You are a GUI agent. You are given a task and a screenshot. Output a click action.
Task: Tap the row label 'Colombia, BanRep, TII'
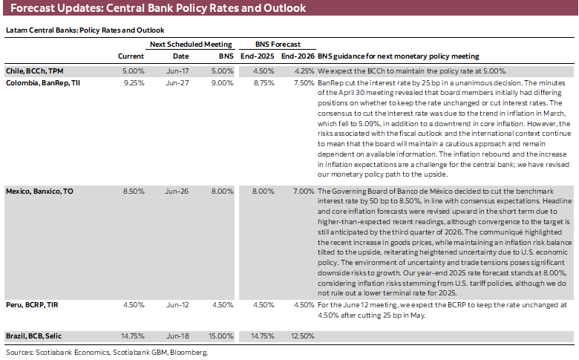(43, 83)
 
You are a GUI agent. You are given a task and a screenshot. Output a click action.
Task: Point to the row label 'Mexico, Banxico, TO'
(40, 191)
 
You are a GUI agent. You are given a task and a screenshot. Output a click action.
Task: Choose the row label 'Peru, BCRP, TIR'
(33, 304)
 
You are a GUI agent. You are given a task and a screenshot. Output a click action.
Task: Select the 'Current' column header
(131, 56)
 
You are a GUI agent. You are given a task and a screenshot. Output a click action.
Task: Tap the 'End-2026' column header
(298, 56)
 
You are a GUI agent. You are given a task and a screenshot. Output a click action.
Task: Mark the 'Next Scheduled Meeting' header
(191, 45)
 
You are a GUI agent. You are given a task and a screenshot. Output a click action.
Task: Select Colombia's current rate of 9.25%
(134, 83)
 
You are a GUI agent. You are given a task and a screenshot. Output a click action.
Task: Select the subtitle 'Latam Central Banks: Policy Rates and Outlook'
(85, 30)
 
